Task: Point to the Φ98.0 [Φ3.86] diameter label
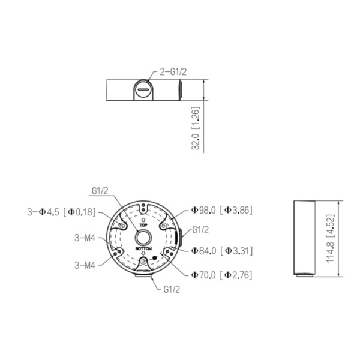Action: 220,210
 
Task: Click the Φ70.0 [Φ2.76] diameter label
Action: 220,275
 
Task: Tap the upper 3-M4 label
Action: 86,238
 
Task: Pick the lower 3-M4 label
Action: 86,264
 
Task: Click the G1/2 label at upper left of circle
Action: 100,191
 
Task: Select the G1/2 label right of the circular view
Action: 200,230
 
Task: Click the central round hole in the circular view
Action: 143,236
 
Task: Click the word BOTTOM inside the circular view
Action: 143,248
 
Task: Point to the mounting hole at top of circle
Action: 143,208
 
